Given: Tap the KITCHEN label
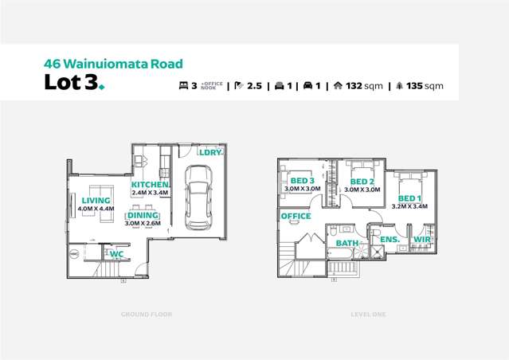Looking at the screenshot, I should pyautogui.click(x=151, y=184).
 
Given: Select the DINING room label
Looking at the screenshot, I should pyautogui.click(x=143, y=215).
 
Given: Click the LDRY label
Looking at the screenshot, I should pyautogui.click(x=209, y=151).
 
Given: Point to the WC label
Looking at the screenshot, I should pyautogui.click(x=116, y=254).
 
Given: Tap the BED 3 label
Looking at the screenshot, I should pyautogui.click(x=303, y=181).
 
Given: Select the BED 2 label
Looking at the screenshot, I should pyautogui.click(x=362, y=182).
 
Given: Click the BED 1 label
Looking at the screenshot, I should pyautogui.click(x=409, y=198).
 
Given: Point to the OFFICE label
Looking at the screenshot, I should pyautogui.click(x=296, y=216).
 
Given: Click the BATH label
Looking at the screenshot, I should pyautogui.click(x=347, y=243).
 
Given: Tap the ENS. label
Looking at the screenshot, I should pyautogui.click(x=389, y=239).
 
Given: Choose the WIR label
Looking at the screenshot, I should pyautogui.click(x=421, y=239).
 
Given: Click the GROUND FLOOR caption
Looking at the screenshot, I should pyautogui.click(x=147, y=315).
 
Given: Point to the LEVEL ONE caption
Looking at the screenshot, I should pyautogui.click(x=367, y=315).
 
